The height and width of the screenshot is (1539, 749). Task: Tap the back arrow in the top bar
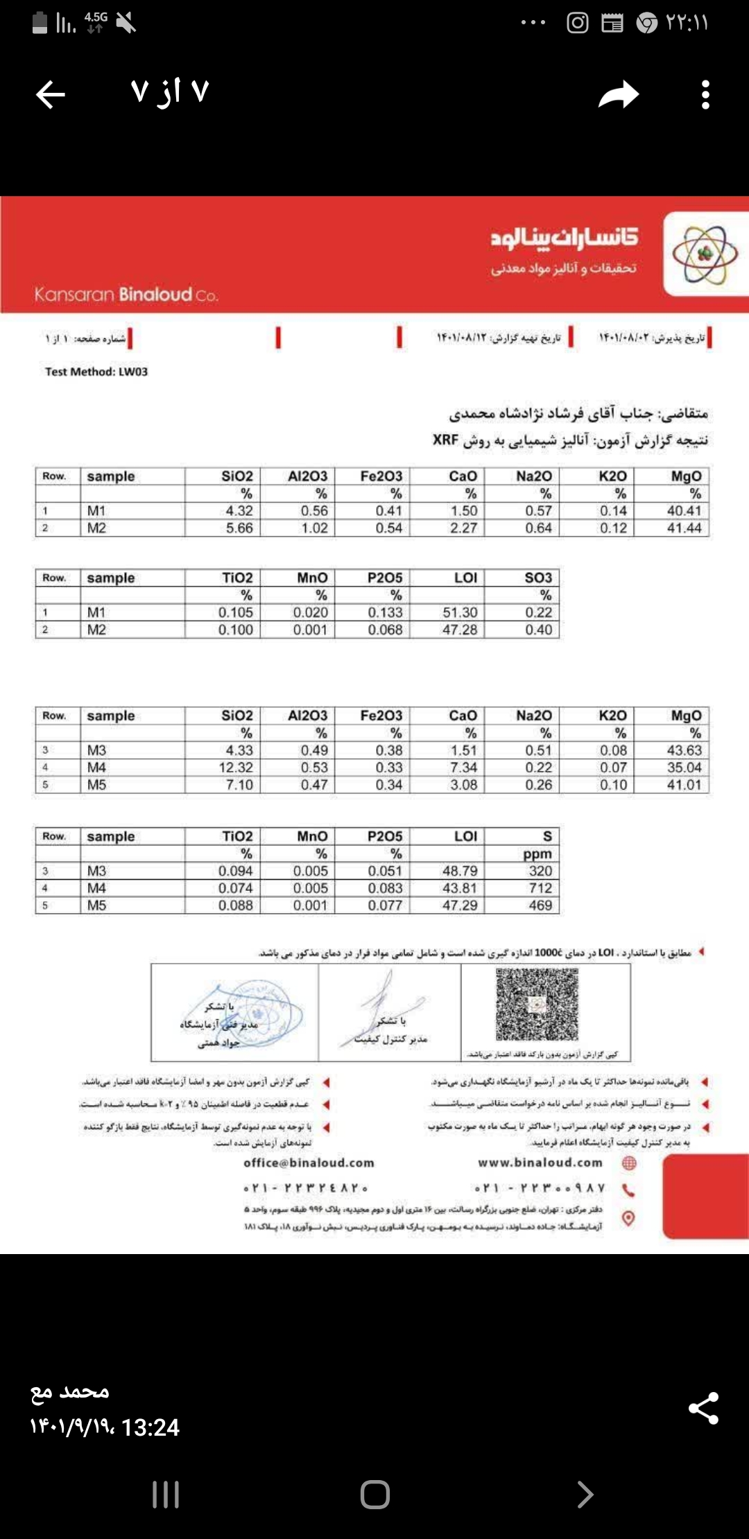(51, 94)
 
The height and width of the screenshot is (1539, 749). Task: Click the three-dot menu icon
(705, 94)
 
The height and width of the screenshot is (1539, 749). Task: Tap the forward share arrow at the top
(619, 94)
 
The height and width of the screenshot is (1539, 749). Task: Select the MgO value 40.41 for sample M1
(684, 511)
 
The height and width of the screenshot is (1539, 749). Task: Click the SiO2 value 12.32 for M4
(236, 767)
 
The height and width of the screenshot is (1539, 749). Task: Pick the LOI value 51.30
(460, 613)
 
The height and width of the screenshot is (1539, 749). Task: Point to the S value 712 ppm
(540, 888)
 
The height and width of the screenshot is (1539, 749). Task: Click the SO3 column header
(538, 578)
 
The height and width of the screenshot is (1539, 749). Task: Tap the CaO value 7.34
(463, 767)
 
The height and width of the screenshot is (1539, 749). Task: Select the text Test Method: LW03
(96, 372)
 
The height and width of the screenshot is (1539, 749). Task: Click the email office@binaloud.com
(309, 1163)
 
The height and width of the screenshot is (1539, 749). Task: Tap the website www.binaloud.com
(540, 1163)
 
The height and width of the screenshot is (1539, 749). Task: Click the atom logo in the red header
(705, 254)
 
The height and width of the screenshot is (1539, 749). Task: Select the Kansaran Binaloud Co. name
(126, 295)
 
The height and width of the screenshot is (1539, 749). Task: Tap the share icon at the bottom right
(703, 1408)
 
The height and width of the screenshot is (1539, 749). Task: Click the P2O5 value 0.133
(386, 613)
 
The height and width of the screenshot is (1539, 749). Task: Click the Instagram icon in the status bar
(577, 23)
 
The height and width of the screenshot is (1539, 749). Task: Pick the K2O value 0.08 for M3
(613, 750)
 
